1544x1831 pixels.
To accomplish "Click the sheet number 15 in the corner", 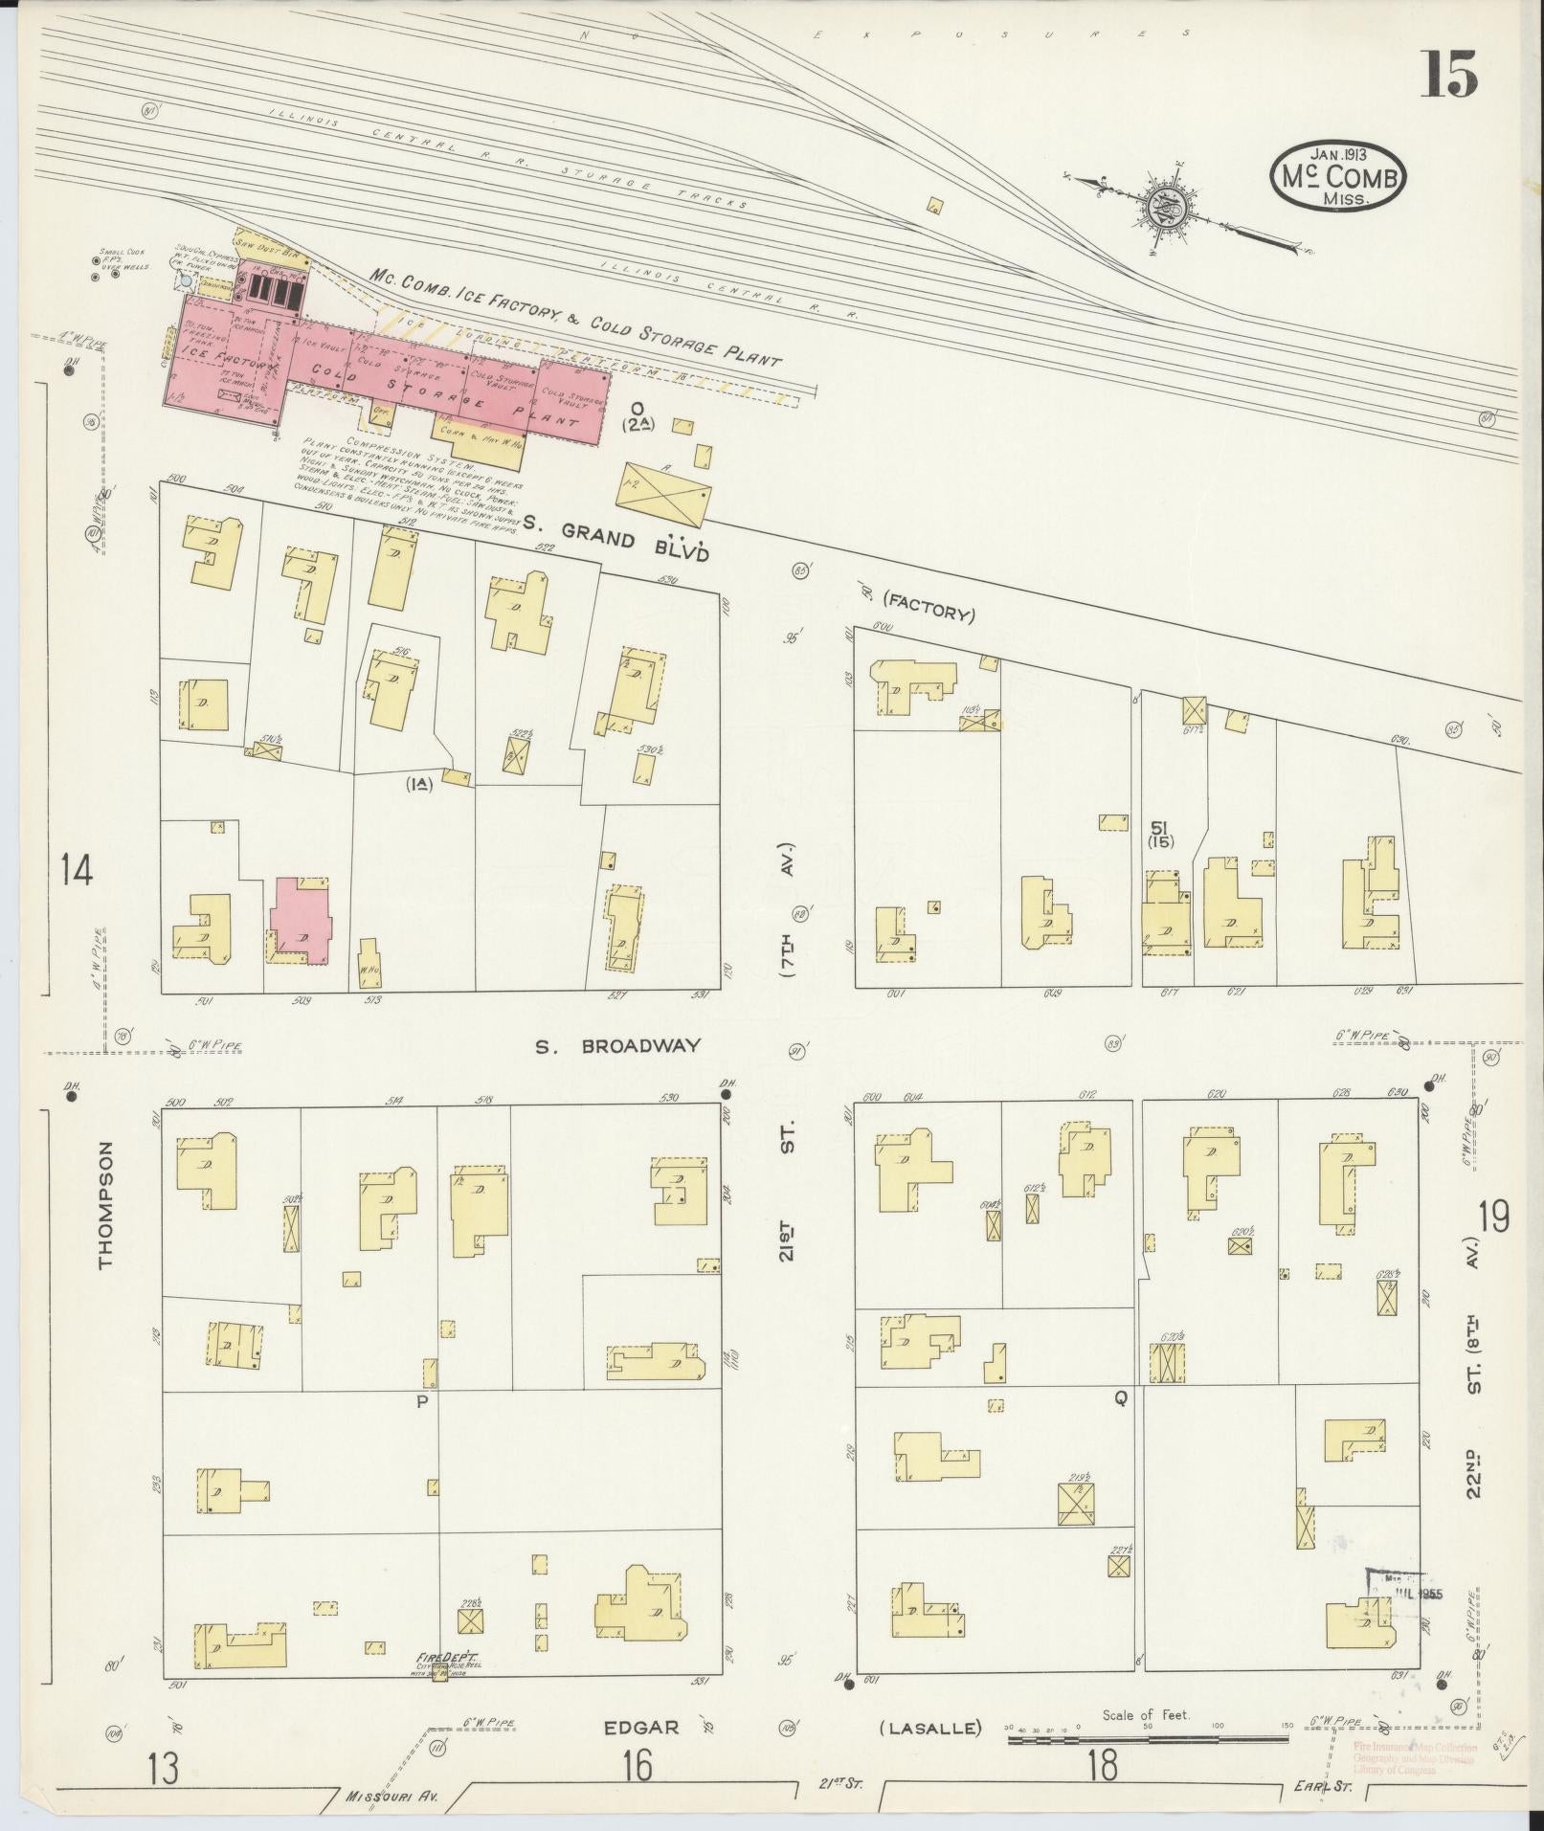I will [x=1447, y=75].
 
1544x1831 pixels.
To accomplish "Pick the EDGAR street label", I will [x=640, y=1727].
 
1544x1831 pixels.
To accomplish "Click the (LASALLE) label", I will [x=930, y=1728].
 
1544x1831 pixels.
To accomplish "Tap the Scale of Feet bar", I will [x=1149, y=1738].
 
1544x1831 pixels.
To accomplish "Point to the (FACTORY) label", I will [x=929, y=607].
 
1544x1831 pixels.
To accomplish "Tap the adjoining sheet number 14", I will [x=76, y=870].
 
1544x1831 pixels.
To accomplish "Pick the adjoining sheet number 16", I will [x=637, y=1766].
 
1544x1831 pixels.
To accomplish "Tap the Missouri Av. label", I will [x=392, y=1797].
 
